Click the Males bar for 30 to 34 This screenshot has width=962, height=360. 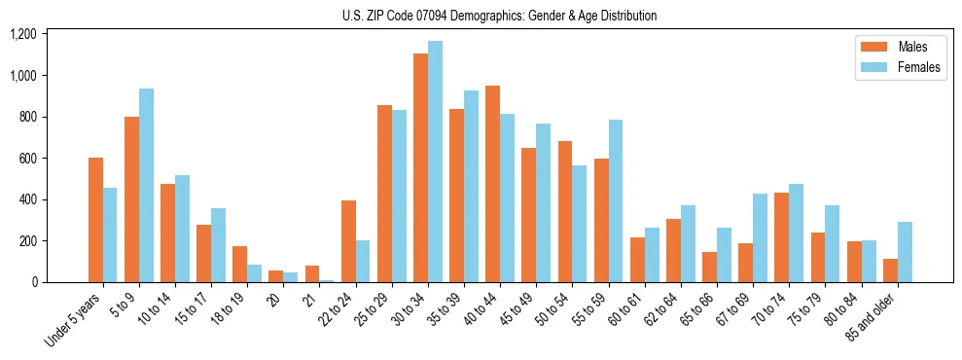click(420, 167)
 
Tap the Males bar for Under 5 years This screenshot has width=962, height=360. click(95, 220)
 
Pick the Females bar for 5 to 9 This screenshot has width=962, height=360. click(146, 185)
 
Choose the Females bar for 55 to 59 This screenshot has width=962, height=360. click(616, 200)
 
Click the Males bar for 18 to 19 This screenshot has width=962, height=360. click(239, 264)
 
